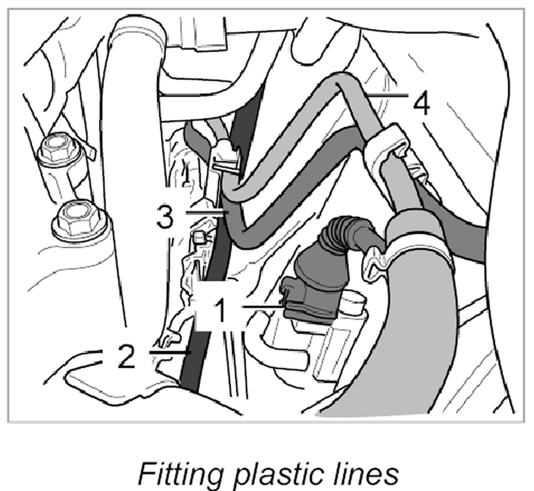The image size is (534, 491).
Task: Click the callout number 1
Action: (221, 310)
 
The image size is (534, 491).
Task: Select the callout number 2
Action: (125, 355)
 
